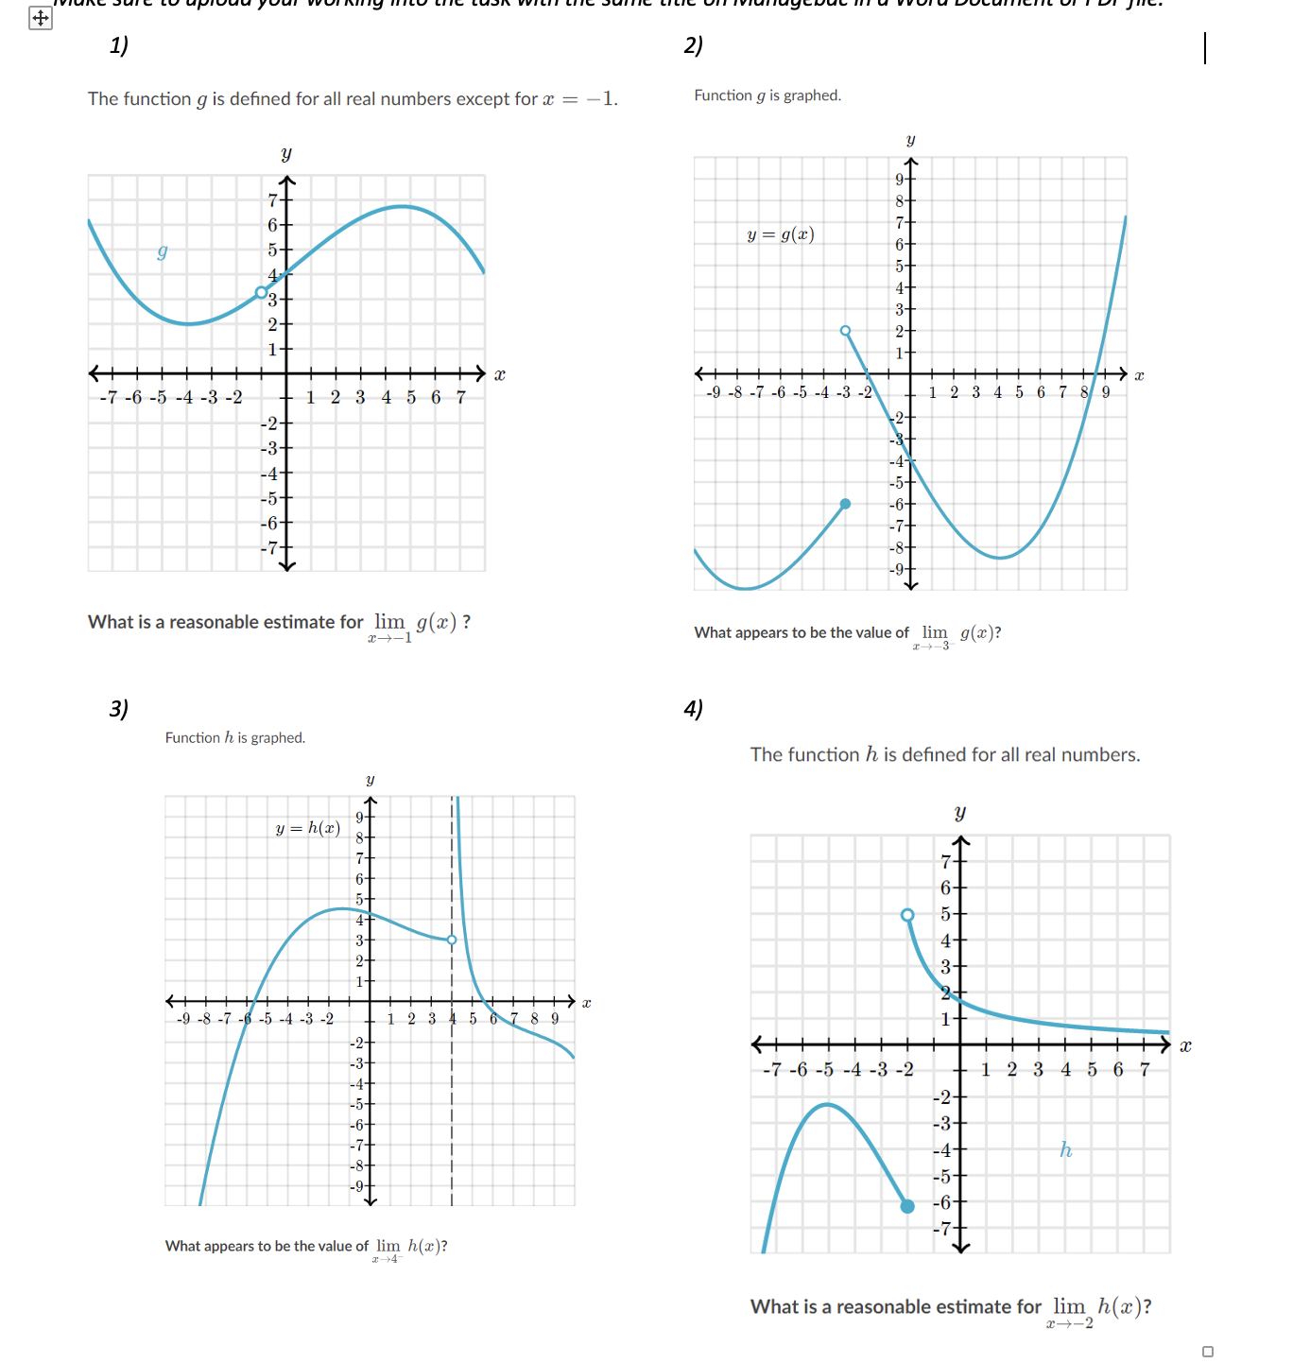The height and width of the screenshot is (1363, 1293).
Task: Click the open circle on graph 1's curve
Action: click(262, 293)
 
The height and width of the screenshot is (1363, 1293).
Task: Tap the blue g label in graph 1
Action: click(163, 251)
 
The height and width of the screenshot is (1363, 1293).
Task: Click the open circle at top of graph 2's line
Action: click(846, 331)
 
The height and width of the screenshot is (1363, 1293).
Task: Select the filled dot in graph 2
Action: click(846, 504)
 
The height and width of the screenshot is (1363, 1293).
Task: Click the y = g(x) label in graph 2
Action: click(781, 234)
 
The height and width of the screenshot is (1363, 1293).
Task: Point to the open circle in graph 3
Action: click(452, 940)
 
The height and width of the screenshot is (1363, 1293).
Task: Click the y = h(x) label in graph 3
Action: click(307, 828)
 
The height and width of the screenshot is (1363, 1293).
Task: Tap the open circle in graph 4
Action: click(907, 915)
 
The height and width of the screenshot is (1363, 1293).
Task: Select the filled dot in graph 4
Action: click(907, 1206)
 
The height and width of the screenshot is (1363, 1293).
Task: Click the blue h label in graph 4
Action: click(1065, 1149)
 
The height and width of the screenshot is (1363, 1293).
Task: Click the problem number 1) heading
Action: click(119, 45)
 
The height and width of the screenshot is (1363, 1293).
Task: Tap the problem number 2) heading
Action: click(694, 45)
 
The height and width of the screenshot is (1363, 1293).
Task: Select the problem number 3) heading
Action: click(119, 708)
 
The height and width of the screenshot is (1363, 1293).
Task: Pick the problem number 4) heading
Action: click(694, 708)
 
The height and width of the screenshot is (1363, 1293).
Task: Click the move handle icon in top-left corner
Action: click(41, 18)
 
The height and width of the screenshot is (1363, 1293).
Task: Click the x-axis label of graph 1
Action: click(500, 375)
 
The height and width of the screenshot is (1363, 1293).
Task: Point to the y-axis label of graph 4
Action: click(960, 813)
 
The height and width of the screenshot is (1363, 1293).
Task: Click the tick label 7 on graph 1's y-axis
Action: click(273, 200)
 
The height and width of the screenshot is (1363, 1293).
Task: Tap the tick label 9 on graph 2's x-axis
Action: click(1106, 392)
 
